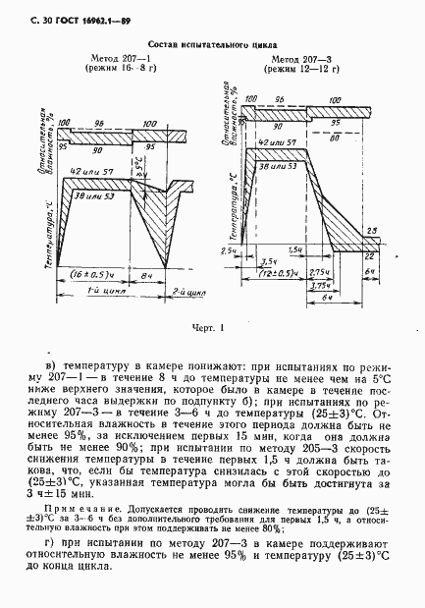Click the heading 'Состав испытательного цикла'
213,44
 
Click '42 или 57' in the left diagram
89,174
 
